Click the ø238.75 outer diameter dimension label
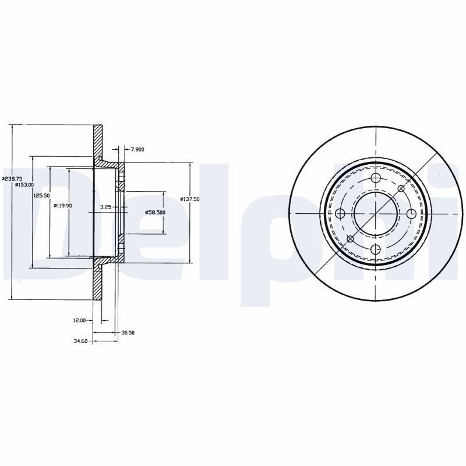(x=12, y=179)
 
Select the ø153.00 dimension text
(x=24, y=185)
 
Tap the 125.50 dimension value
(x=41, y=196)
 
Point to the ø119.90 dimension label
(x=63, y=206)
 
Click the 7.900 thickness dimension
(x=137, y=150)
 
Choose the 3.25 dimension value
(x=105, y=207)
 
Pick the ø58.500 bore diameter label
(x=155, y=213)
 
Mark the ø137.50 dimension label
(x=190, y=199)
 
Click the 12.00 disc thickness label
(x=79, y=320)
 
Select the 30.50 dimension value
(x=128, y=333)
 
